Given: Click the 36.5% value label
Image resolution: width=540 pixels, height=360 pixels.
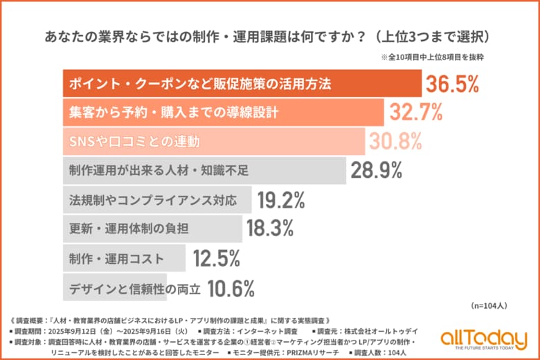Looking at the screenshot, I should pyautogui.click(x=452, y=84).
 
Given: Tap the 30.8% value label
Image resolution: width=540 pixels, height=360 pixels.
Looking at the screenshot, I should pyautogui.click(x=395, y=141).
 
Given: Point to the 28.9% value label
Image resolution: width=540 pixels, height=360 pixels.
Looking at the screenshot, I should pyautogui.click(x=377, y=170).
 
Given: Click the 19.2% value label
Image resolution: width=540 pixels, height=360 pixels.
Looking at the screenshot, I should pyautogui.click(x=281, y=201).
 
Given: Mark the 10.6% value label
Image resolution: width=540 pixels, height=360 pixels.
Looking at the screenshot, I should pyautogui.click(x=231, y=287).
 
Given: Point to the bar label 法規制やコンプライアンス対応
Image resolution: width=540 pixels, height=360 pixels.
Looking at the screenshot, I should pyautogui.click(x=153, y=201).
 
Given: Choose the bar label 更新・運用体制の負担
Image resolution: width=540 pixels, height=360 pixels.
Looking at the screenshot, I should pyautogui.click(x=129, y=229).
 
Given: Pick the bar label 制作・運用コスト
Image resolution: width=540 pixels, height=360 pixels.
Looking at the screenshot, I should pyautogui.click(x=116, y=258).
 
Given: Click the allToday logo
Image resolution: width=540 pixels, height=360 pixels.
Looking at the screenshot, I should pyautogui.click(x=483, y=339).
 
